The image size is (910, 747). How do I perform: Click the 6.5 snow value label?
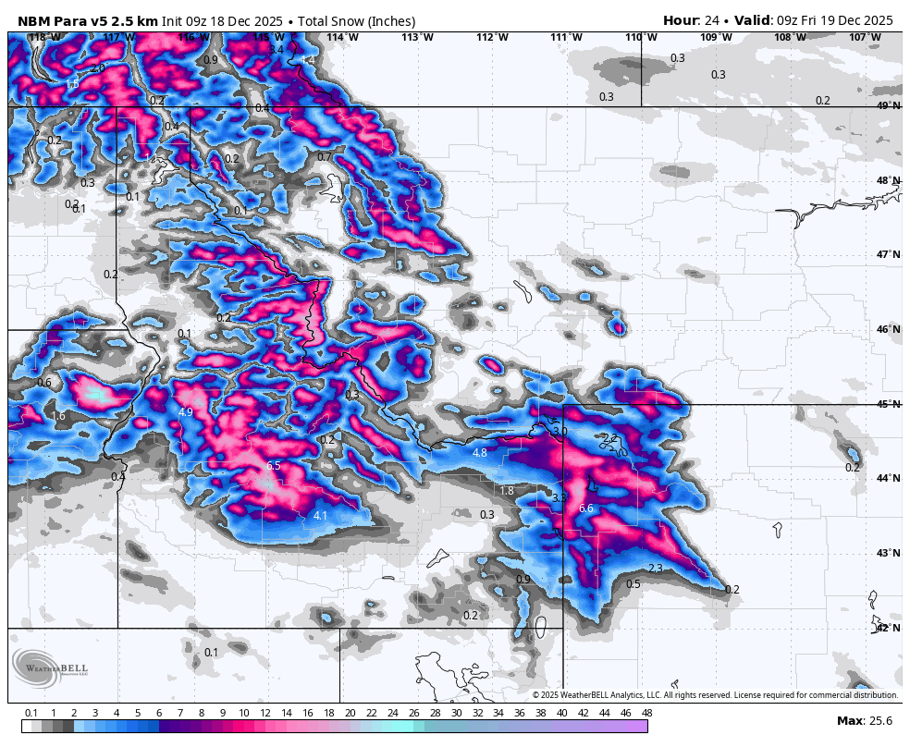pyautogui.click(x=273, y=466)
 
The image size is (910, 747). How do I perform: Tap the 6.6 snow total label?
pyautogui.click(x=585, y=508)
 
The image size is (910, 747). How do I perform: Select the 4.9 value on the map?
pyautogui.click(x=186, y=412)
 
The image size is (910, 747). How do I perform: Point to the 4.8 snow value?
pyautogui.click(x=479, y=453)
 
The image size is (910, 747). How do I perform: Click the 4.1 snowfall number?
pyautogui.click(x=321, y=516)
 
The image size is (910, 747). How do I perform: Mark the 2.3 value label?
pyautogui.click(x=656, y=569)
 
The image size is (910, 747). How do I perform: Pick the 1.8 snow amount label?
pyautogui.click(x=507, y=491)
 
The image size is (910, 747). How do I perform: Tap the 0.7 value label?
pyautogui.click(x=324, y=157)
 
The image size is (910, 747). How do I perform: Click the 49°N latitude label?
pyautogui.click(x=888, y=106)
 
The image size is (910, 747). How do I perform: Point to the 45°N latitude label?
pyautogui.click(x=888, y=405)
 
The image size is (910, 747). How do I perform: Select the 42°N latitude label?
pyautogui.click(x=888, y=628)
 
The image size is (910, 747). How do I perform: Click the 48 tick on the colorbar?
pyautogui.click(x=646, y=713)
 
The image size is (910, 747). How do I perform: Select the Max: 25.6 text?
pyautogui.click(x=864, y=720)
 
